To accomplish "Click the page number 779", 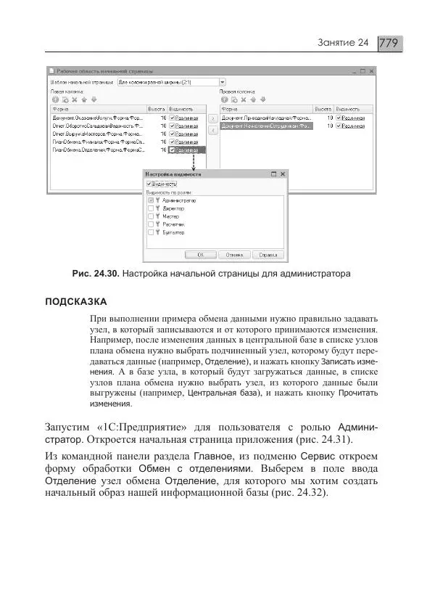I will (x=389, y=43).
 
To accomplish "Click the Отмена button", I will (x=233, y=255).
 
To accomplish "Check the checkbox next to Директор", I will (x=151, y=208).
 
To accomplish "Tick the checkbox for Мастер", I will (x=151, y=216).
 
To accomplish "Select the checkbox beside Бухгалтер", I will (x=151, y=233).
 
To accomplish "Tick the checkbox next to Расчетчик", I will (x=151, y=225).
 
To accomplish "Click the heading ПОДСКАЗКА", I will (x=77, y=301).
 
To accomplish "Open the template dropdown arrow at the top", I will (x=223, y=82).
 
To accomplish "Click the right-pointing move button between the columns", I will (x=212, y=117).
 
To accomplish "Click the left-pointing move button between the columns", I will (x=212, y=130).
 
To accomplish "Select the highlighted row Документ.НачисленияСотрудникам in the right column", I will (x=266, y=126).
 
